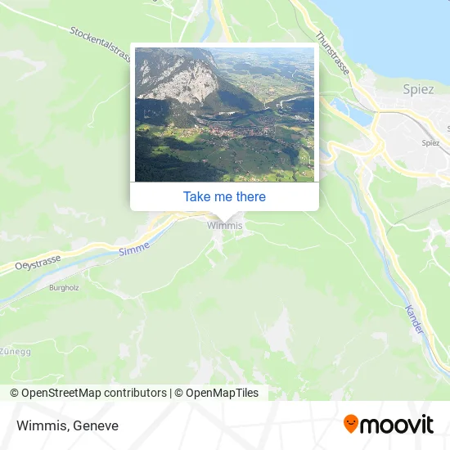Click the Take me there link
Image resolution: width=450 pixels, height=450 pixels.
point(224,196)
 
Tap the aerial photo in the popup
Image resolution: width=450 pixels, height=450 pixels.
point(224,115)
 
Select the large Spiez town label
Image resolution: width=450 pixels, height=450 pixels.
point(419,89)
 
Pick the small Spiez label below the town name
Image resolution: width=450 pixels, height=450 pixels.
point(430,142)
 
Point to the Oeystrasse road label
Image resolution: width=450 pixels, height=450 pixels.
point(38,263)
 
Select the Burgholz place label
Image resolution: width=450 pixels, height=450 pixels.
point(63,288)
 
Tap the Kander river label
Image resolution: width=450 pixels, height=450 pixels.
point(414,318)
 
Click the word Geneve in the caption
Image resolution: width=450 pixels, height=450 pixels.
point(96,425)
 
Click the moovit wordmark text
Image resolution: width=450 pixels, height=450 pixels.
point(398,425)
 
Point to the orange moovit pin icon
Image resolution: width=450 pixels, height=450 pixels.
point(351,424)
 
